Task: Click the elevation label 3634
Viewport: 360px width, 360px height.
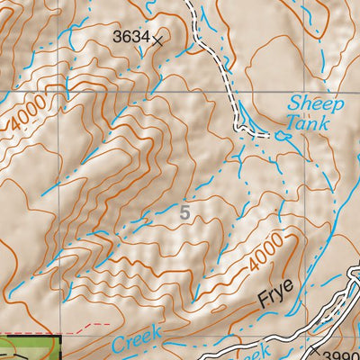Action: [130, 37]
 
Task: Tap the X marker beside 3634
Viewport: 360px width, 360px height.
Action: [158, 40]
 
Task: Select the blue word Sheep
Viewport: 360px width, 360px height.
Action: [309, 103]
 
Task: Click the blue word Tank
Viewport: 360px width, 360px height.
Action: [310, 122]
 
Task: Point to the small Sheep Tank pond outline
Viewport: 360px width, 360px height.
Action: [283, 136]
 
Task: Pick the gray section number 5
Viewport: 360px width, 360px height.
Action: [185, 213]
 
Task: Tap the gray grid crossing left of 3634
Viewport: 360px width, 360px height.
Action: [60, 91]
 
